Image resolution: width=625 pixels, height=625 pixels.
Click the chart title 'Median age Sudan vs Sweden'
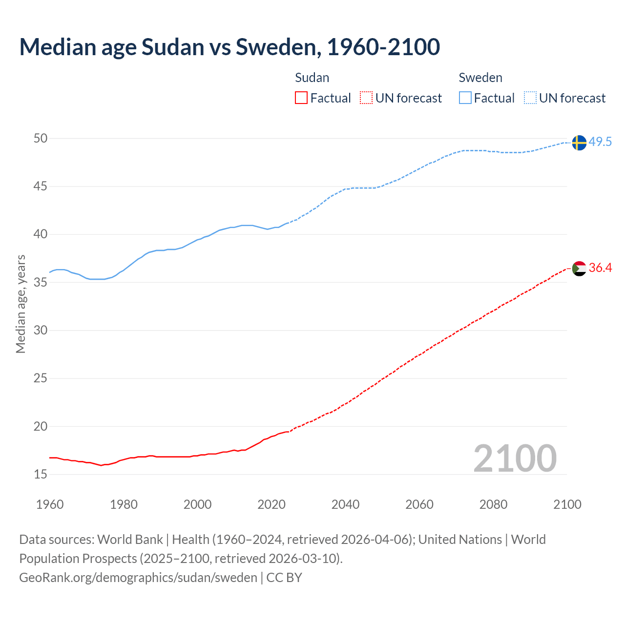[x=229, y=47]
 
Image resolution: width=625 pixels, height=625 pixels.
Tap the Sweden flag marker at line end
[x=579, y=143]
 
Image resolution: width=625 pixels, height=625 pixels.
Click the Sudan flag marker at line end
[x=579, y=268]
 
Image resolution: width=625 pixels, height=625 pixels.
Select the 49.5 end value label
[x=600, y=142]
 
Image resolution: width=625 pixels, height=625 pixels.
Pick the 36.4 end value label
[x=600, y=268]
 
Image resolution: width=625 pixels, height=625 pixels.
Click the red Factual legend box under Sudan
[x=301, y=98]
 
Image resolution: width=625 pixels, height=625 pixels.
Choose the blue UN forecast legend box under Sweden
[x=530, y=98]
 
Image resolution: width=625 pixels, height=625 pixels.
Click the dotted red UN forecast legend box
[x=366, y=98]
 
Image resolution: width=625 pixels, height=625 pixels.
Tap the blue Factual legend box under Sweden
[x=465, y=98]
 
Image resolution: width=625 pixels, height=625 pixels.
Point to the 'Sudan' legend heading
[x=312, y=78]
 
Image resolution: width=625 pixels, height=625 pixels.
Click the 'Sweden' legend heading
[x=480, y=78]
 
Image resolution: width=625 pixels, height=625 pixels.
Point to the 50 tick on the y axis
[x=41, y=139]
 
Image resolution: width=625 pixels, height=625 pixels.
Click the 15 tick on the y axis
[x=41, y=474]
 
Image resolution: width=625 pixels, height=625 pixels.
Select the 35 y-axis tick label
[x=41, y=282]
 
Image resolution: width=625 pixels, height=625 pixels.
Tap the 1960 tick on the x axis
[x=50, y=504]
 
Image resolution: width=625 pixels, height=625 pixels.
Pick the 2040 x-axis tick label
[x=345, y=504]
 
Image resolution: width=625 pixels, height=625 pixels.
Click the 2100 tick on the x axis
[x=567, y=504]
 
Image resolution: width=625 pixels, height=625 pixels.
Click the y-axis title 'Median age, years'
[x=21, y=304]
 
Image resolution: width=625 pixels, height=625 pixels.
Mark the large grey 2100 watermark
[x=515, y=458]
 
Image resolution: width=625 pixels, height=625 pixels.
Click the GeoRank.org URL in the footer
[x=138, y=578]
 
